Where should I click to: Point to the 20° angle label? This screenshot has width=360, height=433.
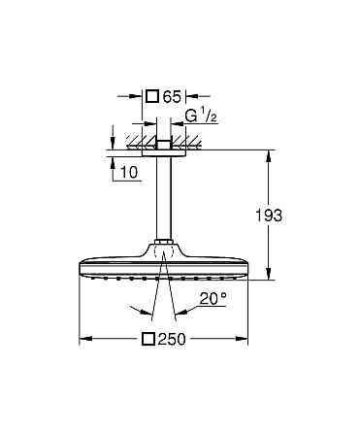pyautogui.click(x=213, y=298)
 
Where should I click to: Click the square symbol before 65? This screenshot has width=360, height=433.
pyautogui.click(x=151, y=96)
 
